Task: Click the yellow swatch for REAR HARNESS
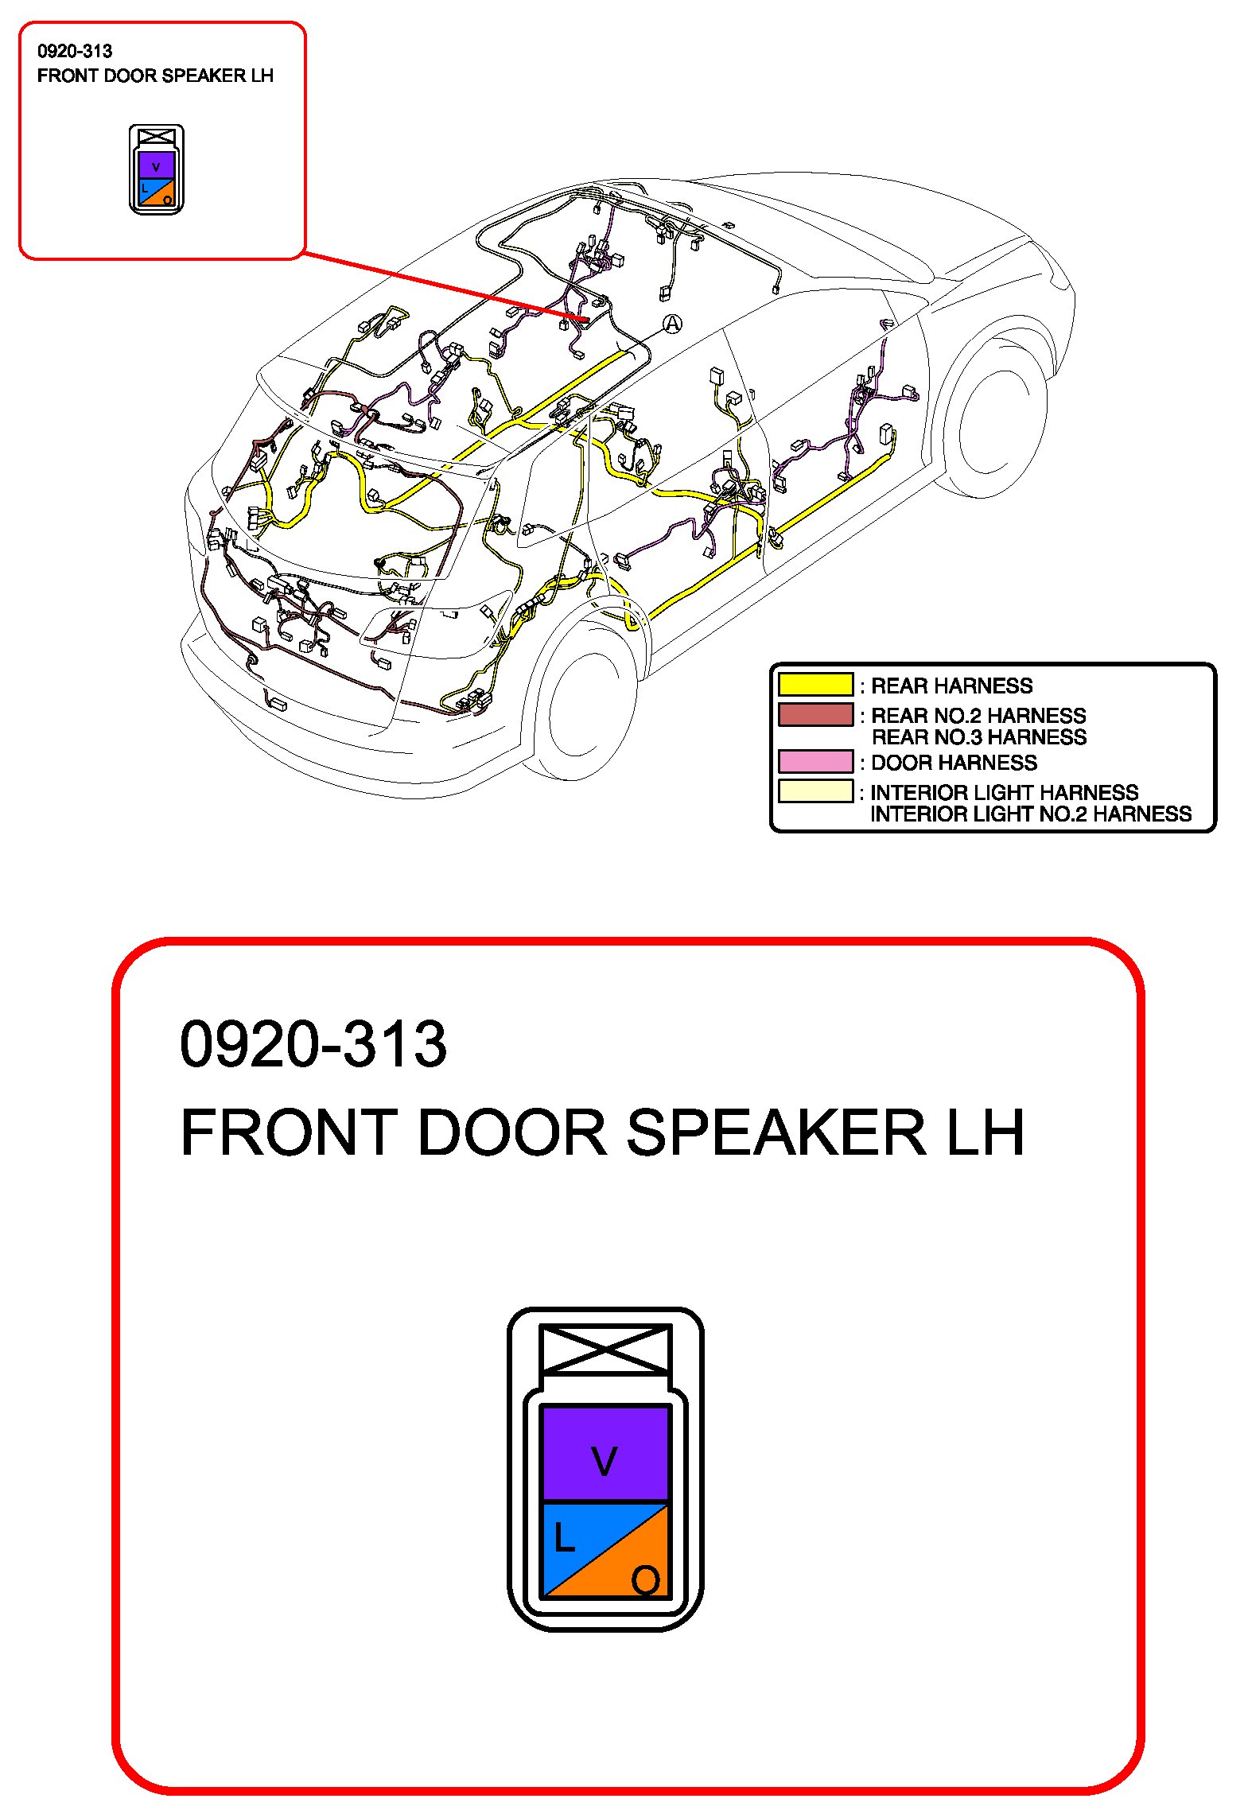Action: point(815,685)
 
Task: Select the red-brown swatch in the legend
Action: point(815,714)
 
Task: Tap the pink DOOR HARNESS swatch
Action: point(815,762)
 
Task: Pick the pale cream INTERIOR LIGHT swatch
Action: point(815,791)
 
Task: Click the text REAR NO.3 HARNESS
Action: point(978,737)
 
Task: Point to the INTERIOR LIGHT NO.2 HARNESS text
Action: point(1030,814)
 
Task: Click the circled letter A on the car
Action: point(672,324)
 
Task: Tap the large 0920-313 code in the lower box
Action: point(313,1044)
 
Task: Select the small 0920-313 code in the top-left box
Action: point(75,52)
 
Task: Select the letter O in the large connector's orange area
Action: point(645,1579)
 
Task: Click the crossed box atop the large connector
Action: point(605,1349)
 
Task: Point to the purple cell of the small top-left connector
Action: point(156,165)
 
